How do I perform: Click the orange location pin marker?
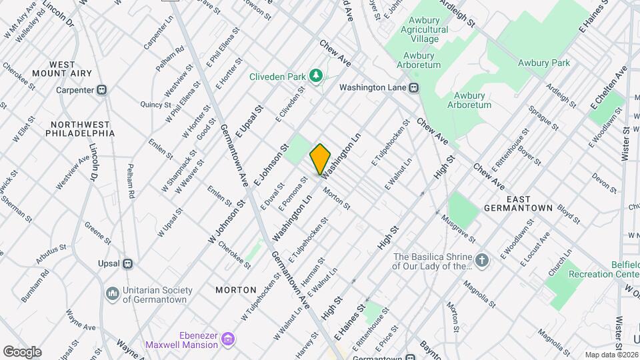point(321,159)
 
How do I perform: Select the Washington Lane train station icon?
point(414,87)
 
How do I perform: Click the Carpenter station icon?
point(102,90)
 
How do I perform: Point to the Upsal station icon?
point(127,263)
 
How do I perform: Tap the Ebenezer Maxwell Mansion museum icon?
point(228,340)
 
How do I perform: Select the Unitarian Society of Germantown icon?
point(112,293)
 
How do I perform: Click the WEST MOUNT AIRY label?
point(71,70)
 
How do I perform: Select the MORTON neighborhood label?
point(236,290)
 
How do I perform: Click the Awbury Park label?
point(544,63)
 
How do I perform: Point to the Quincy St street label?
point(157,104)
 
